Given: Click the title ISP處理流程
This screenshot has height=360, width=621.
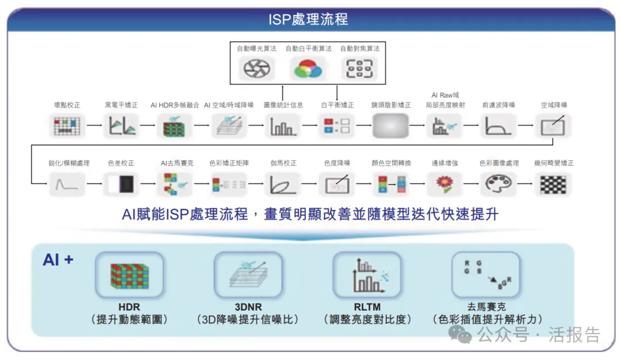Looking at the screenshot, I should (308, 18).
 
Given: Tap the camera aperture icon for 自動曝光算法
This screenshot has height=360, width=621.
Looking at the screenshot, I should (252, 69).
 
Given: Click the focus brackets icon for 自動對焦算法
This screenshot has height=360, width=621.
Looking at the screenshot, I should (359, 69).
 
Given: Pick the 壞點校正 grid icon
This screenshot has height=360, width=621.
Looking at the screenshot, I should (67, 125).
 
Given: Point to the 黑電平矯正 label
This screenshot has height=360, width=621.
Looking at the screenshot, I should (121, 105).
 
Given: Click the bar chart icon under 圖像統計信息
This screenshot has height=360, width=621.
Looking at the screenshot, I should (282, 126).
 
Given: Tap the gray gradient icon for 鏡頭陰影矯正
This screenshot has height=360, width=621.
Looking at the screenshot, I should (390, 125).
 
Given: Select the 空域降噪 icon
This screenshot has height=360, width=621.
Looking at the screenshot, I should (553, 125).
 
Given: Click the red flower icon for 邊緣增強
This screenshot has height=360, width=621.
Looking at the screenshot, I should (444, 184).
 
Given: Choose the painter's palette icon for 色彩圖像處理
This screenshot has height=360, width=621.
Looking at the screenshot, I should (499, 184).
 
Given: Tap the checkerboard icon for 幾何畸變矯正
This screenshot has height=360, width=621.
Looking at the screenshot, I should (553, 184).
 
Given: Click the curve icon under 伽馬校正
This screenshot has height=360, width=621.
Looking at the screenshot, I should (282, 184).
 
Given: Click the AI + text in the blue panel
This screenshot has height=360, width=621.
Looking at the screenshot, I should (58, 260).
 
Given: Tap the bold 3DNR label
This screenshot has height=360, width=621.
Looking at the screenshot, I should (248, 307).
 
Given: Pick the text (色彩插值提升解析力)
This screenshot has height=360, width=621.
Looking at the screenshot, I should (487, 319).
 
